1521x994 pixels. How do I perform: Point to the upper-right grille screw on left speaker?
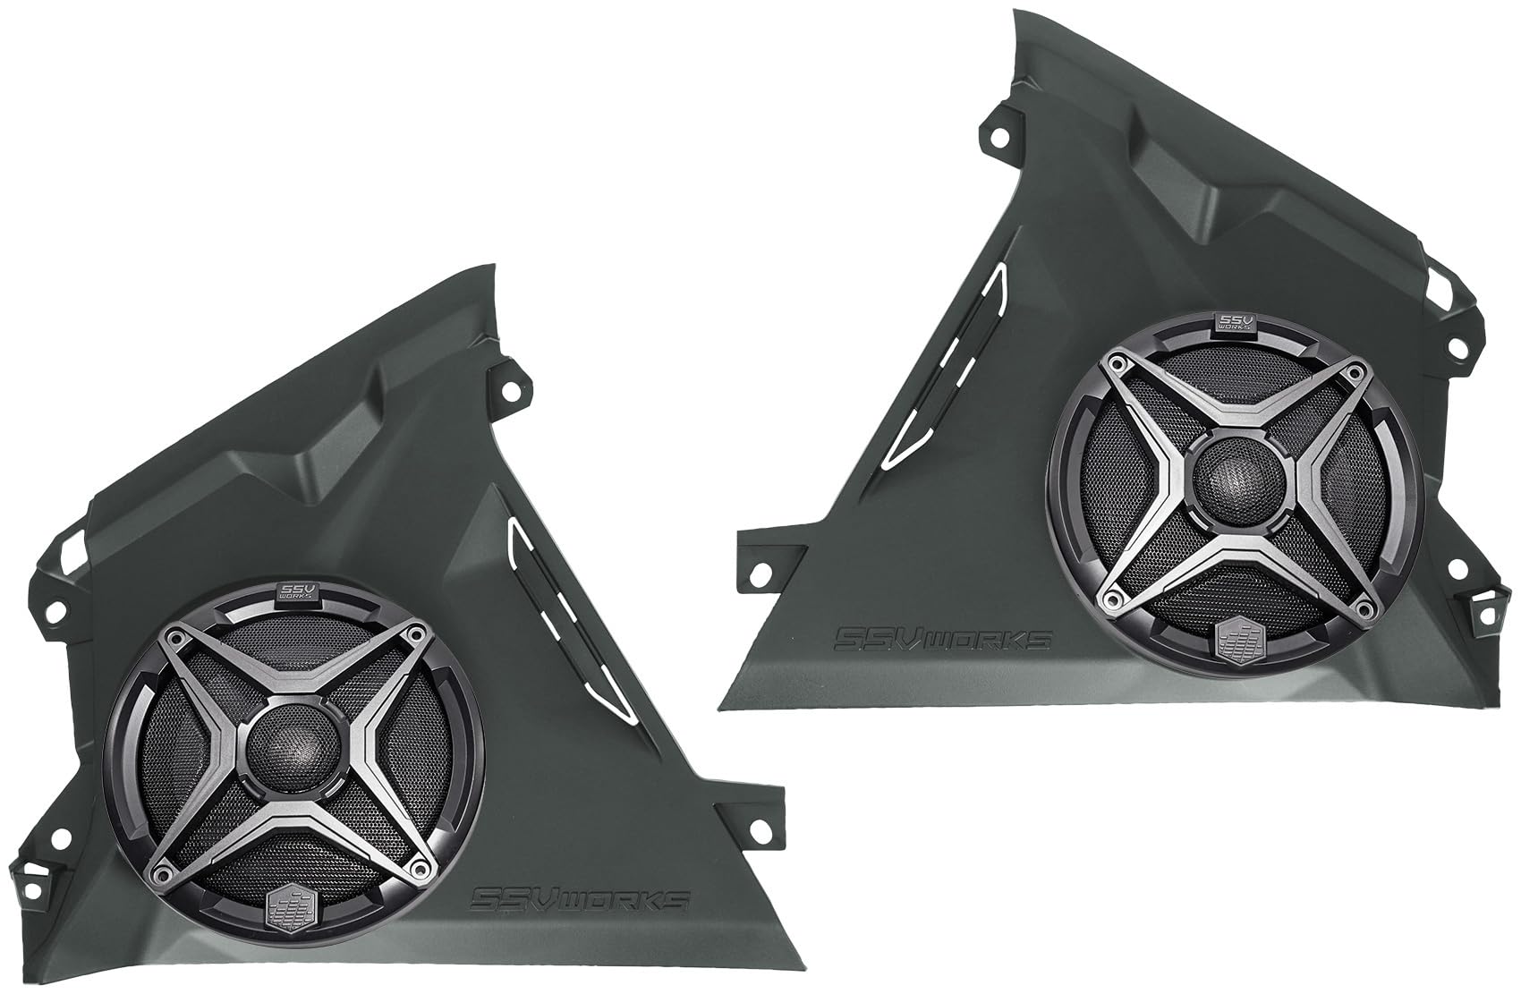point(414,633)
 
